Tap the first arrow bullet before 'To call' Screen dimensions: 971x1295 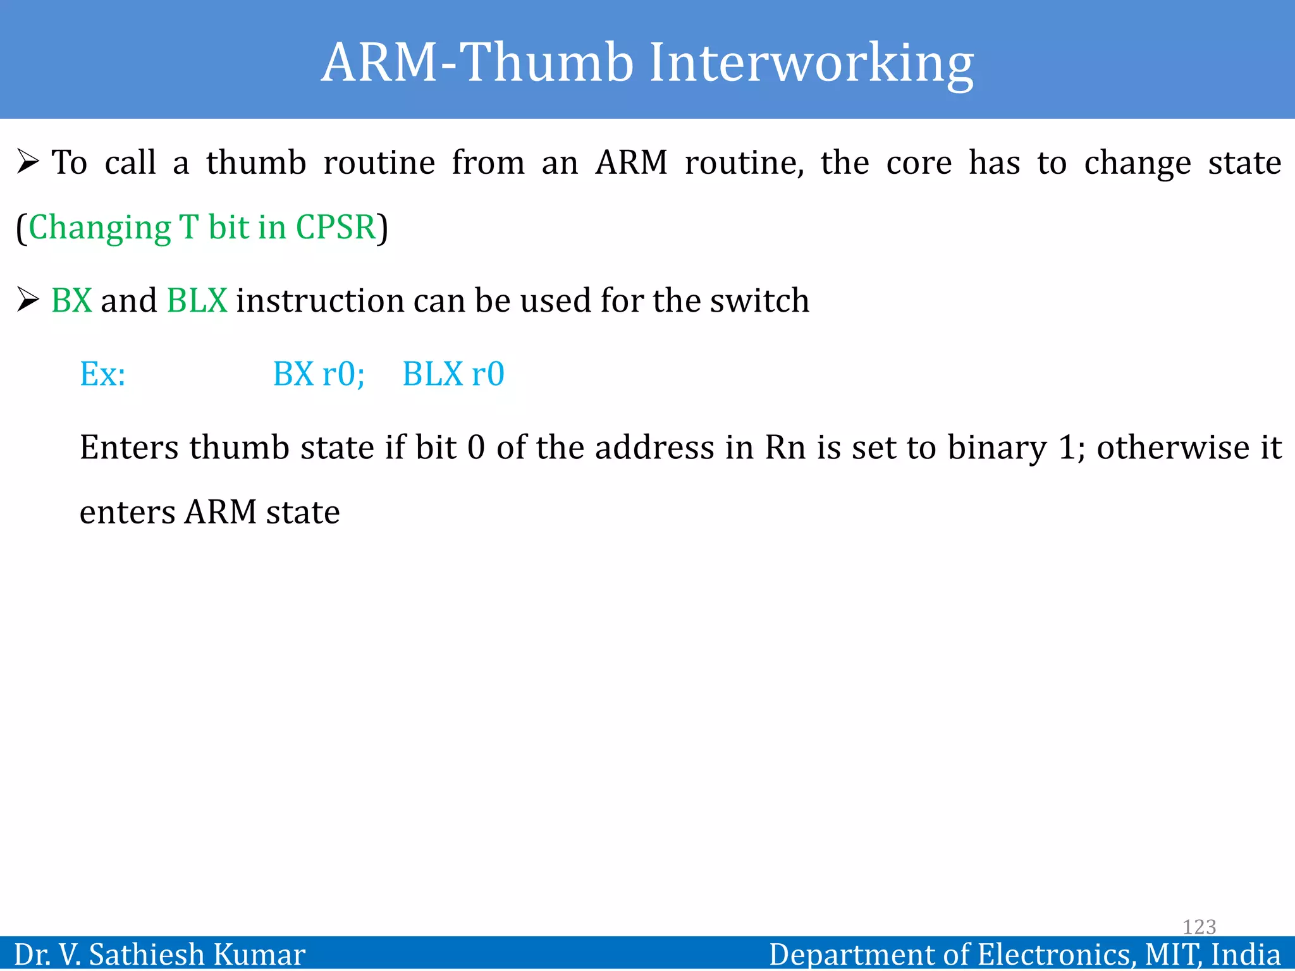point(28,162)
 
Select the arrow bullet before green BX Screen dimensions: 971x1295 point(28,299)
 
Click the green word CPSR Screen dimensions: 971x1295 point(336,228)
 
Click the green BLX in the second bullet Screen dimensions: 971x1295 point(197,300)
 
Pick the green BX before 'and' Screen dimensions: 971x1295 point(71,300)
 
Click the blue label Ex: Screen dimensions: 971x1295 point(102,374)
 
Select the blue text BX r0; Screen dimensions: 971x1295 point(319,374)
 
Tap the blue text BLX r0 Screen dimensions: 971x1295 point(453,374)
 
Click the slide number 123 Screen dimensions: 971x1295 point(1199,927)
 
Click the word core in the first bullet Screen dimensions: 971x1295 point(918,163)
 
